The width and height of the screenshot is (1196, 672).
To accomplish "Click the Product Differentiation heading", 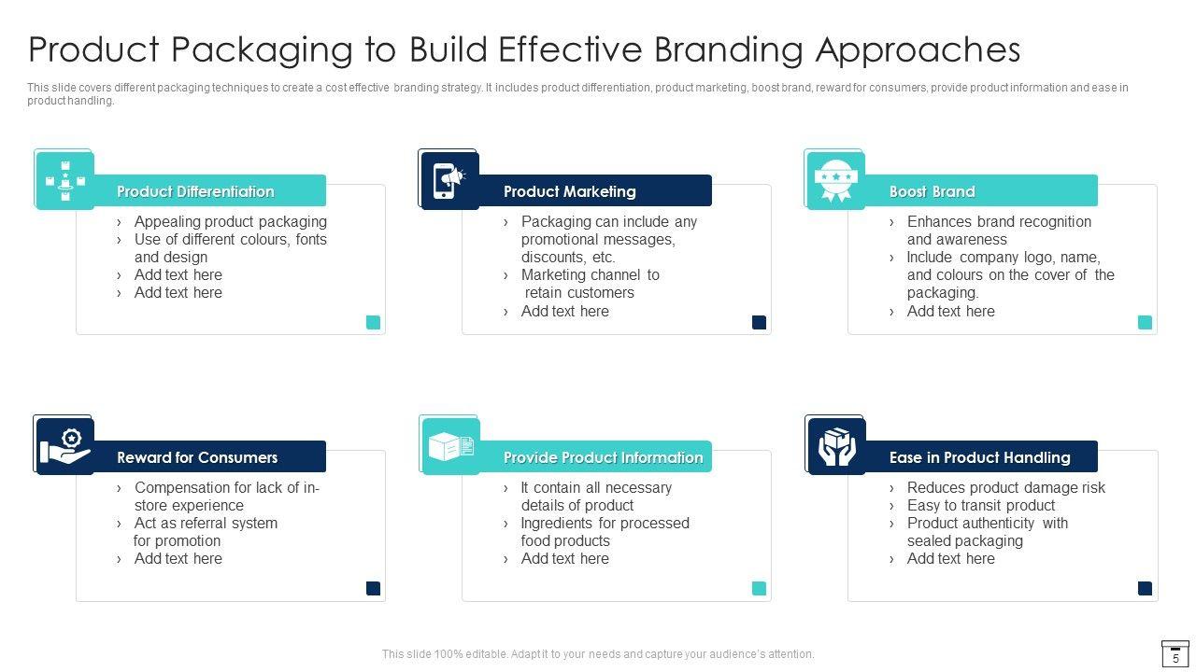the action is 195,191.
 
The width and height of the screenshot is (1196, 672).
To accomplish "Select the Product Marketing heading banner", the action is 569,191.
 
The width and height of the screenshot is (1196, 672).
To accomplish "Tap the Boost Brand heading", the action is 932,191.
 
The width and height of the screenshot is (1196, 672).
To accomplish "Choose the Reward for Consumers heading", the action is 197,457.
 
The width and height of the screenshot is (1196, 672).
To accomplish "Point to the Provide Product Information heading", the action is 603,457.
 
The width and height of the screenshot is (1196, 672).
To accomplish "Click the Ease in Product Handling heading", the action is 979,457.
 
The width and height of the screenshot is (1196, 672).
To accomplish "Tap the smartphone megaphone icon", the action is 449,180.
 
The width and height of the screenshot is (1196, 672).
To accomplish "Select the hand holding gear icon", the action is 64,446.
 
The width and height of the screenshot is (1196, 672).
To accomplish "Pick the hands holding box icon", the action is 836,446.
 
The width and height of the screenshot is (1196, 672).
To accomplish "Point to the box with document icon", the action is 450,446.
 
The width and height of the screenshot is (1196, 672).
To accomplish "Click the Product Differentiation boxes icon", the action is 64,180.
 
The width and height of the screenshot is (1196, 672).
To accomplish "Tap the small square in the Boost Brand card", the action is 1145,322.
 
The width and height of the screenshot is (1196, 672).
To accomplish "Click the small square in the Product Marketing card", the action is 759,322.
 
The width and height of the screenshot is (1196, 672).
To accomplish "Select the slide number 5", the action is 1175,658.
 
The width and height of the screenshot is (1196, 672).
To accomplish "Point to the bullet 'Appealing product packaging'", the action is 230,221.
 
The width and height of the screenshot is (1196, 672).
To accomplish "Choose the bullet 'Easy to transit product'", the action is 980,505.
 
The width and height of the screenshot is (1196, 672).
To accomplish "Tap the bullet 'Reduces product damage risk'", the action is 1005,487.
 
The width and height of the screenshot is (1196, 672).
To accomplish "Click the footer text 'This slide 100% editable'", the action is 598,654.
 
